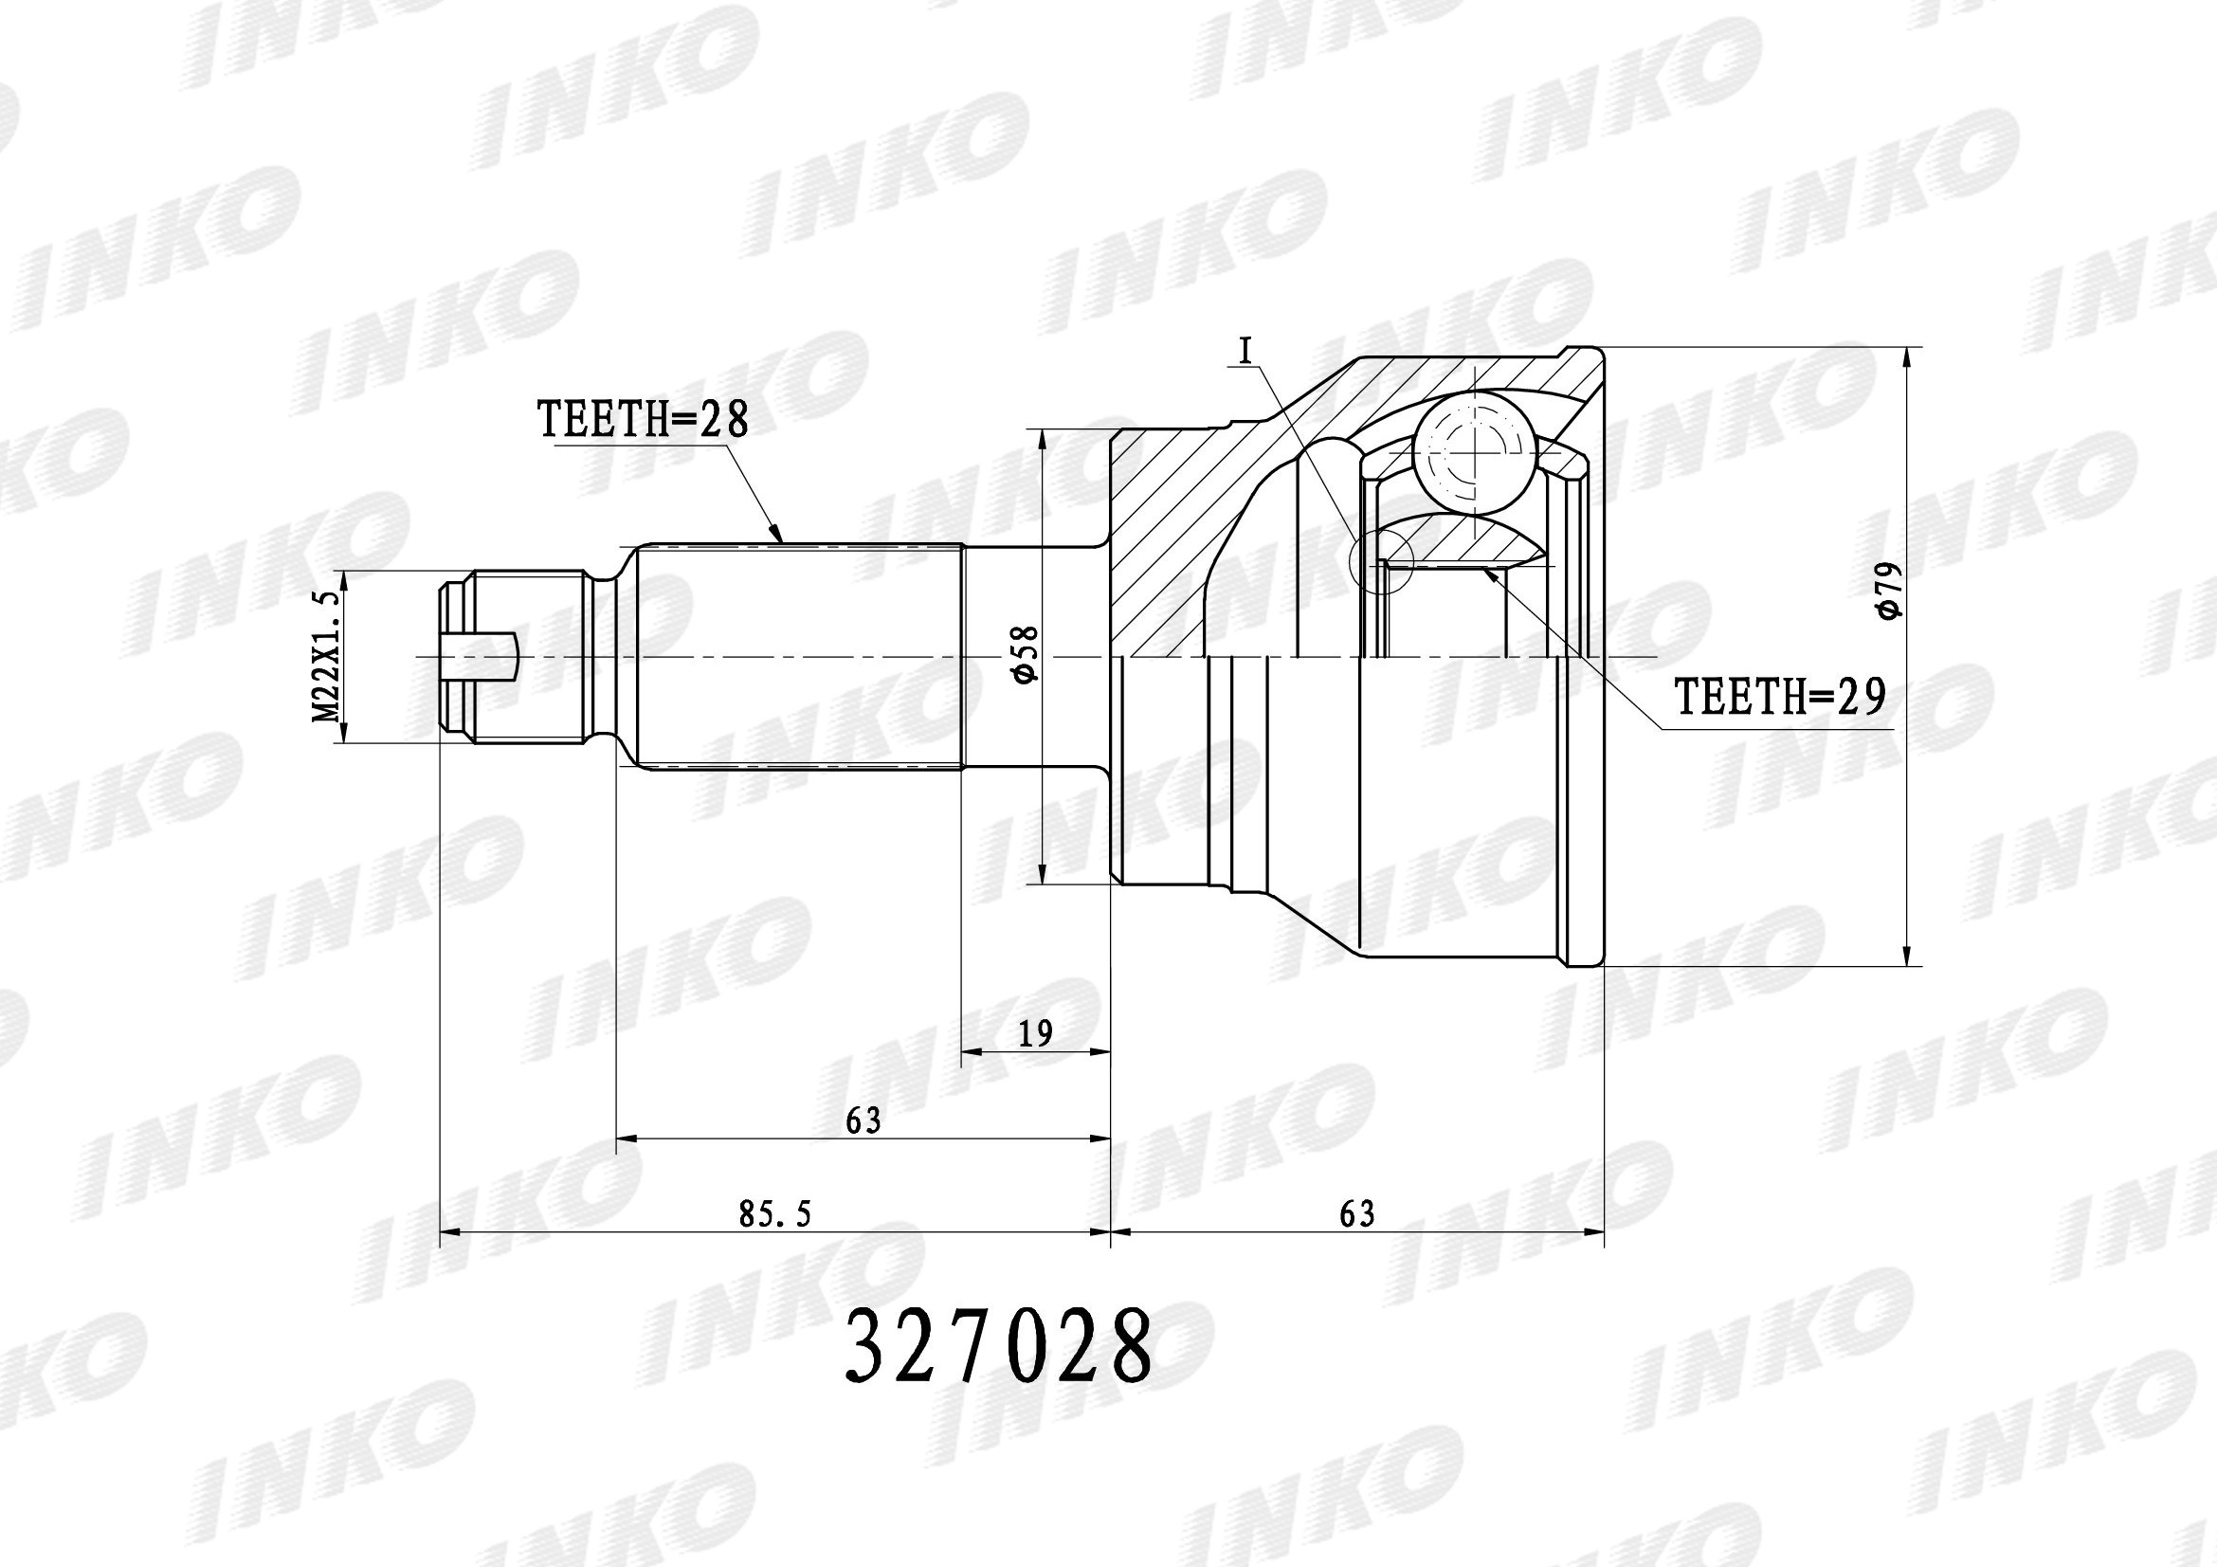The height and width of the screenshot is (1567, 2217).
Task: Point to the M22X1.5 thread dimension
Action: coord(329,658)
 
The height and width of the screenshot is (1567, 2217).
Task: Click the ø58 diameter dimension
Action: coord(1026,656)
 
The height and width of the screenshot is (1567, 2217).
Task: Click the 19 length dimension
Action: coord(1035,1034)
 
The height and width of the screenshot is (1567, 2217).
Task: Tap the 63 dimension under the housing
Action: coord(1356,1213)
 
